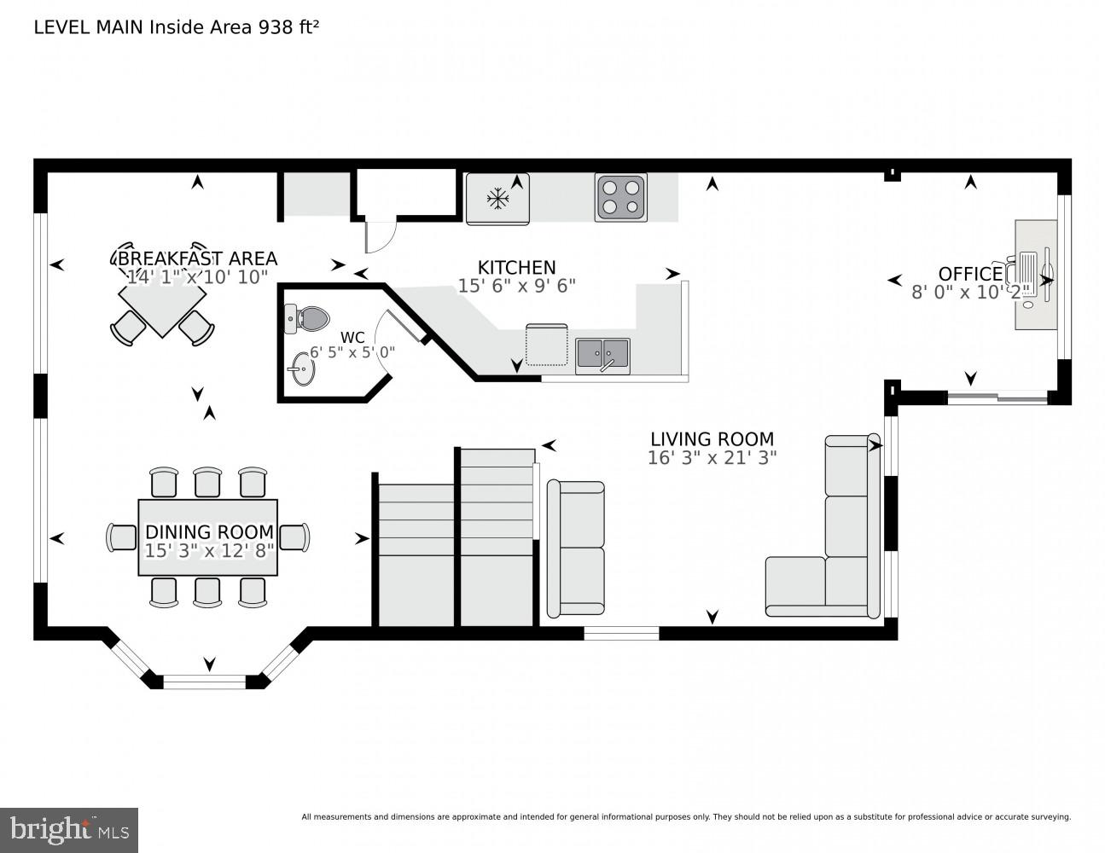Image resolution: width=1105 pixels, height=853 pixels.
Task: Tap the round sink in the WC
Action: pos(300,371)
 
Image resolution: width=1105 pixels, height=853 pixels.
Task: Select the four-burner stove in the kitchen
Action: pos(620,197)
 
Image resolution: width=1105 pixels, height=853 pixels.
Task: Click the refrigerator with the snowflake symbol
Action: pos(497,199)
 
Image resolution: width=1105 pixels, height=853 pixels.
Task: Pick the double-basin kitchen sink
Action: pos(602,354)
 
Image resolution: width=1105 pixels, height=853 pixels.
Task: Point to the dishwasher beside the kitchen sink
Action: pos(546,345)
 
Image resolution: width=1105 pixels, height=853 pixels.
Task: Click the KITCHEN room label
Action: pos(516,267)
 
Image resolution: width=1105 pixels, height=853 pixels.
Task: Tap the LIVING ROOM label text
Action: pos(712,439)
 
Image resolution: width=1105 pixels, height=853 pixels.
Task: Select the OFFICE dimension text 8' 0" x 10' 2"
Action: pos(970,293)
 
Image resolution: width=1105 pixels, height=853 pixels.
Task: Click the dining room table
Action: pos(208,537)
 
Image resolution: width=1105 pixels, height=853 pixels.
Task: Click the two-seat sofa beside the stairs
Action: pos(576,548)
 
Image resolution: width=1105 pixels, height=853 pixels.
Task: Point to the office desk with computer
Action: pos(1035,274)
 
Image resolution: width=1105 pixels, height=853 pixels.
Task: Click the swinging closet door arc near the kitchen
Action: pos(381,237)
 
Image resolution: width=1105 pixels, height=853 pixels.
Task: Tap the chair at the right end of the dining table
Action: pos(294,537)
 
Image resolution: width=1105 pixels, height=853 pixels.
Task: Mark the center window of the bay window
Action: pos(205,681)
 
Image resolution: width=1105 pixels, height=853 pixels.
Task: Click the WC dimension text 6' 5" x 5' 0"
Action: pos(352,352)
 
